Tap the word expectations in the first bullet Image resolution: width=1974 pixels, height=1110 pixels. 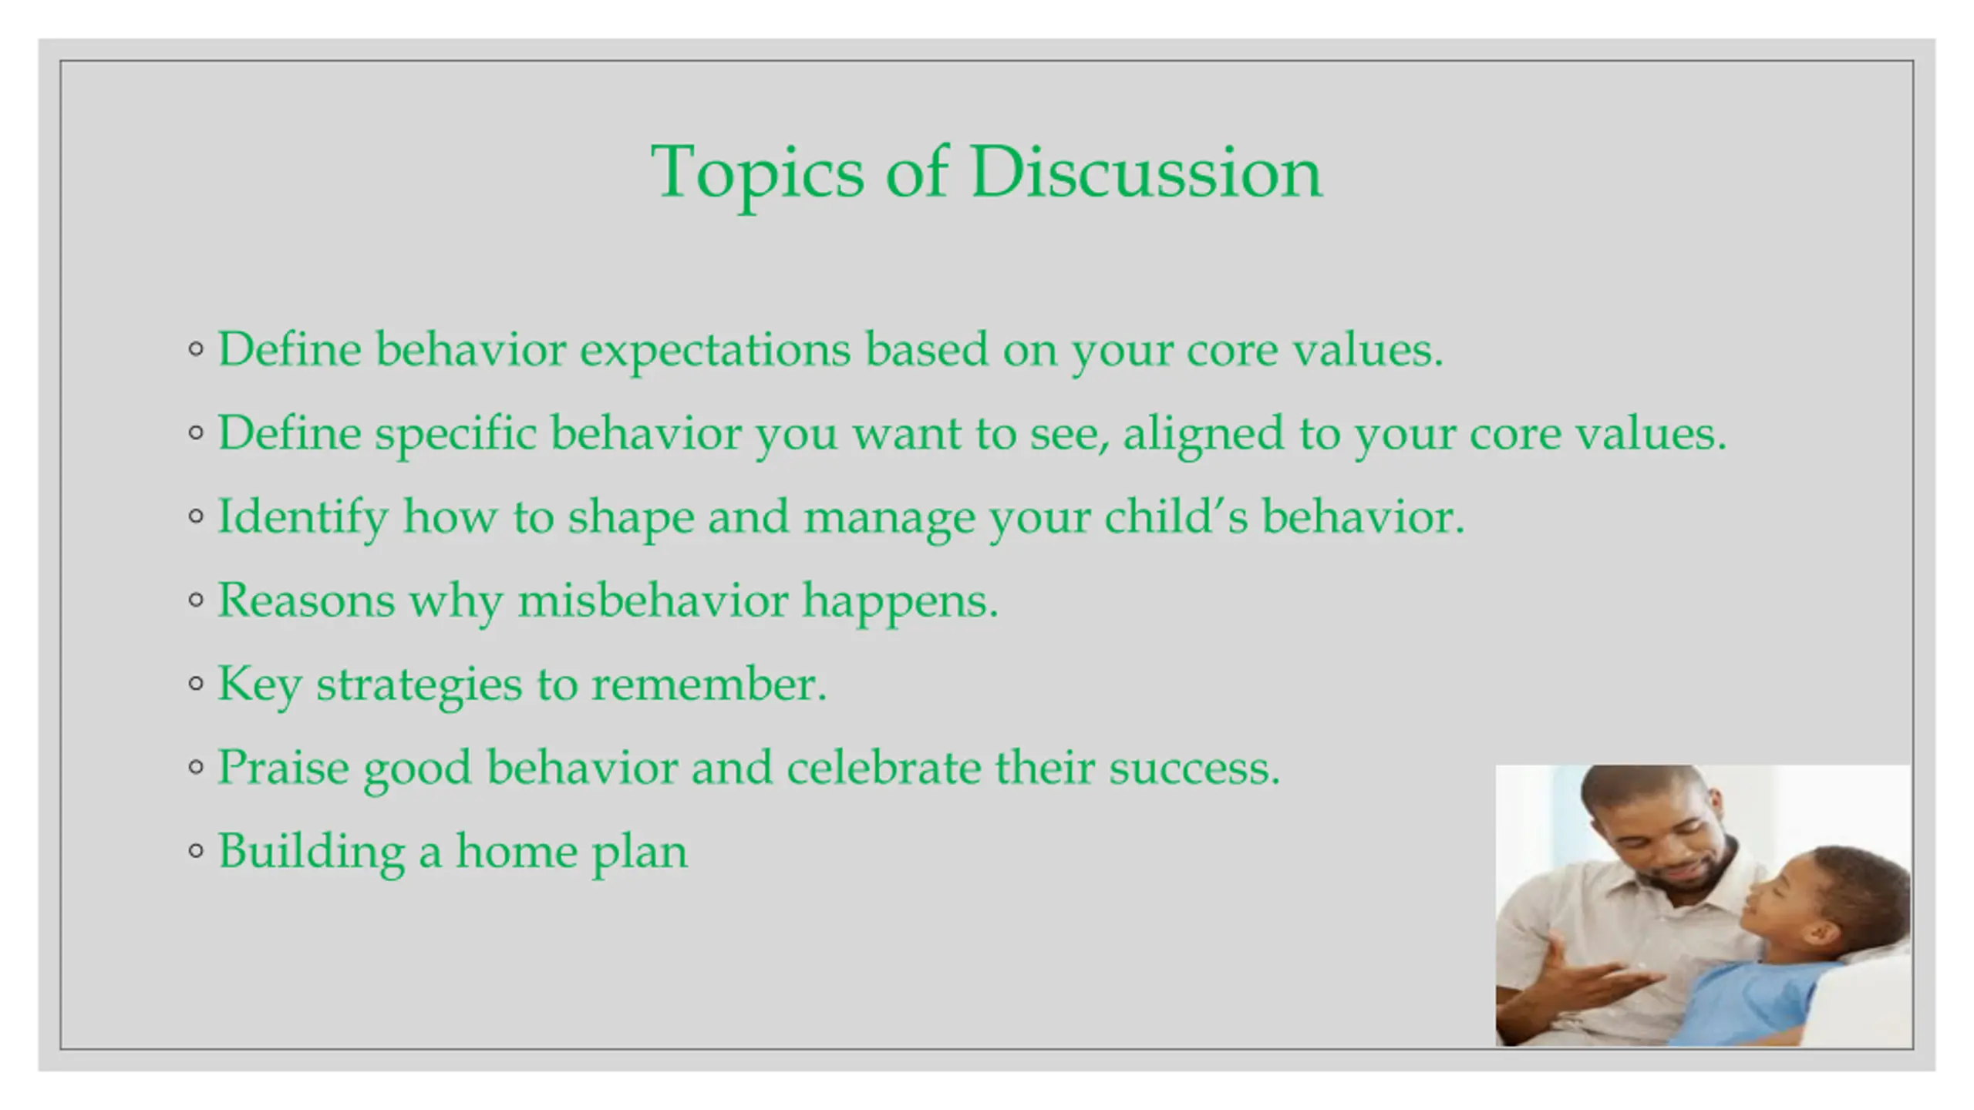716,351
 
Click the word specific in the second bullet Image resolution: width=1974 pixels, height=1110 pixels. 456,434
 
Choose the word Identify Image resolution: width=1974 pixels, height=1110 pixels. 303,517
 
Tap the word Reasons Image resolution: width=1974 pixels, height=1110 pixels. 306,600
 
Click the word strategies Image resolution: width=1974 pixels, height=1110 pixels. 419,685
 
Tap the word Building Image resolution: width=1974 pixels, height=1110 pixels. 312,853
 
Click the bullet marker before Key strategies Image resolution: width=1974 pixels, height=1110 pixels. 196,683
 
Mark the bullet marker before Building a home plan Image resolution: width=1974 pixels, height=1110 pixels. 196,850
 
